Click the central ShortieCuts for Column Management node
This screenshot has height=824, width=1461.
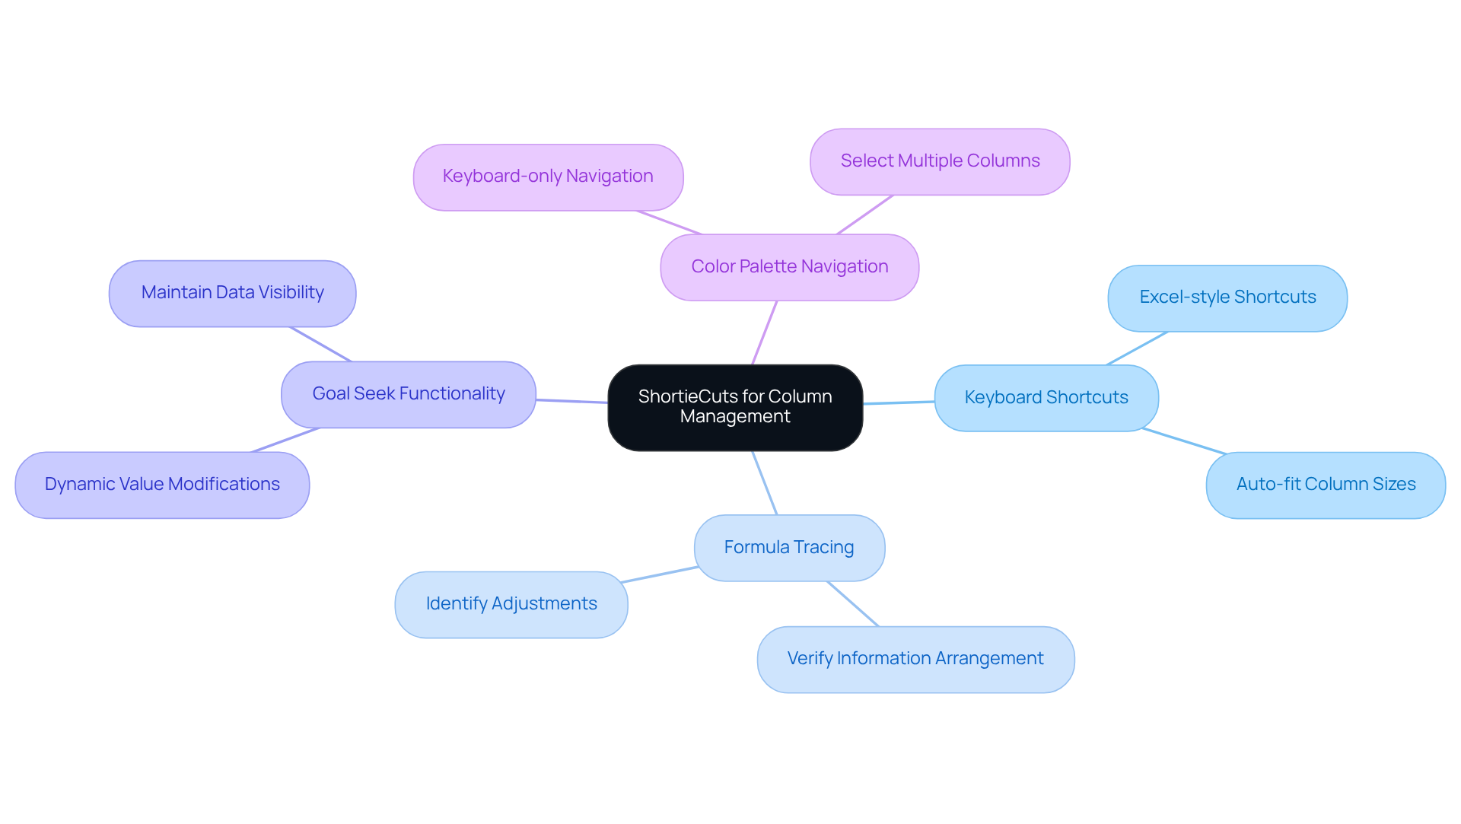click(735, 407)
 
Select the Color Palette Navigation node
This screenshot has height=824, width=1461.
click(789, 267)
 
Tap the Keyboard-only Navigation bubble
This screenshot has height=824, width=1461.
click(548, 177)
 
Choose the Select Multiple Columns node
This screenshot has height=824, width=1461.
click(940, 161)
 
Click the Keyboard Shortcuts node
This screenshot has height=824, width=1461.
click(1046, 398)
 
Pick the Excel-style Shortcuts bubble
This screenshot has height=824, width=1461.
click(1227, 297)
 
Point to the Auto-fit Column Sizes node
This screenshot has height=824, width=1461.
click(1326, 485)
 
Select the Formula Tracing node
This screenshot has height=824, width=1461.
click(789, 548)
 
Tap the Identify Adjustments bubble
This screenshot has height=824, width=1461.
click(511, 604)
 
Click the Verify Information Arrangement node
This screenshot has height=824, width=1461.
click(915, 659)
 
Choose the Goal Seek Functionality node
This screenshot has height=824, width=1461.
click(409, 394)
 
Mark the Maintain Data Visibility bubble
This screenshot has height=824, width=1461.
click(232, 293)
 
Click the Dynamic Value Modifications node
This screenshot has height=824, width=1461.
click(162, 485)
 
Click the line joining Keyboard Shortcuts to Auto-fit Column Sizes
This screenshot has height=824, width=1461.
click(1184, 441)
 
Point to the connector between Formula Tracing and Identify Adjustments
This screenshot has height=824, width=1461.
click(660, 574)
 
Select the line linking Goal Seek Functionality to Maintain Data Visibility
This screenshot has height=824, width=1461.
click(320, 344)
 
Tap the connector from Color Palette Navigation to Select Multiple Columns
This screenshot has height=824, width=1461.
click(864, 215)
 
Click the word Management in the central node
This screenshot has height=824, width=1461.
click(735, 417)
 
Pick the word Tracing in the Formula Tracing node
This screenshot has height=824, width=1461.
click(823, 548)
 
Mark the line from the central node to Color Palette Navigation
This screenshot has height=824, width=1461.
click(765, 332)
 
